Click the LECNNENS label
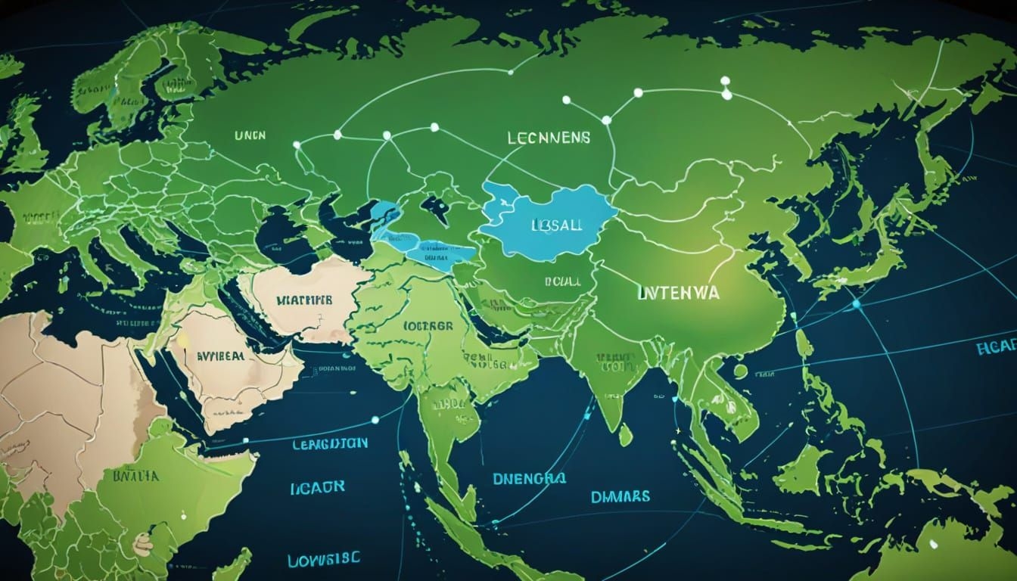click(x=549, y=140)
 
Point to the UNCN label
click(x=250, y=136)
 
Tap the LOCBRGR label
click(x=428, y=326)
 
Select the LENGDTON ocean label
click(x=330, y=443)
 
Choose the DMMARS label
click(x=619, y=497)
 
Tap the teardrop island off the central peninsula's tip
click(x=625, y=435)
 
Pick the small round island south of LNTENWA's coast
click(x=740, y=371)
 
